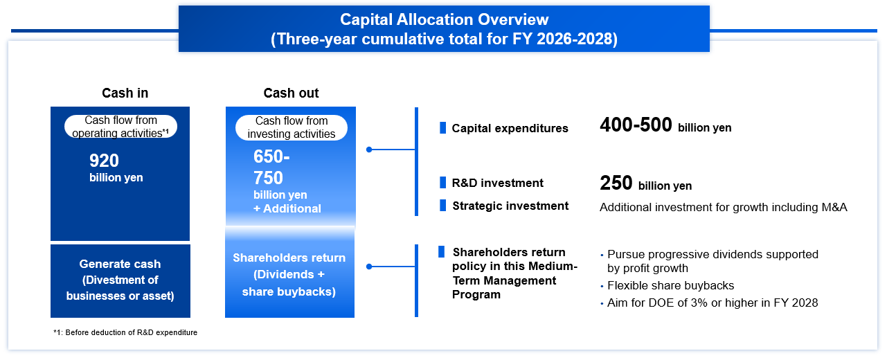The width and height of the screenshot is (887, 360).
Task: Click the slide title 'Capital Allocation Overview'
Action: pos(444,20)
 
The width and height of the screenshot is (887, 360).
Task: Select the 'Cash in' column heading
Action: pos(125,93)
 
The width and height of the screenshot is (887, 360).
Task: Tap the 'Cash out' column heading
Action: pos(291,93)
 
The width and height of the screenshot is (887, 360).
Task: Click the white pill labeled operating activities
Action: pos(120,127)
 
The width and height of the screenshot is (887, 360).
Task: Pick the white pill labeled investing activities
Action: pos(292,127)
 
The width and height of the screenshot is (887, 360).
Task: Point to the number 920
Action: pos(104,161)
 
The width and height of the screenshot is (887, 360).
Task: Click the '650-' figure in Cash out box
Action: pos(271,156)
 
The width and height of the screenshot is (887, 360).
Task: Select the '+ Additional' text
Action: pos(287,208)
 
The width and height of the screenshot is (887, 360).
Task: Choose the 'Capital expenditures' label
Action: pos(510,128)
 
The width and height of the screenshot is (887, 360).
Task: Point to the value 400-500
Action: pos(636,125)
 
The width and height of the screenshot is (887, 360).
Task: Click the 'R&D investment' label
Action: pos(498,183)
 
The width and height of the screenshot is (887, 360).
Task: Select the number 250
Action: pos(616,183)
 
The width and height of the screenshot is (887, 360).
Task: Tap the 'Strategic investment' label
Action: pos(510,206)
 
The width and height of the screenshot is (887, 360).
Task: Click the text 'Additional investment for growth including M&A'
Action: pos(724,207)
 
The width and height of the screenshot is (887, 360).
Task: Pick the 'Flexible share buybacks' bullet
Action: pos(670,285)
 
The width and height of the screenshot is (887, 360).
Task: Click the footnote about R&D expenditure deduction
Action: pos(125,333)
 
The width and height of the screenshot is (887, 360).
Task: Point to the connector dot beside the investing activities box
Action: pos(369,150)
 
